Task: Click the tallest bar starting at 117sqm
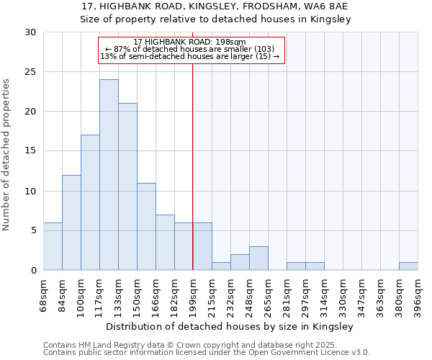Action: pos(109,175)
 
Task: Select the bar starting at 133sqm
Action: pos(127,186)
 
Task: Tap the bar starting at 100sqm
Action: pos(90,202)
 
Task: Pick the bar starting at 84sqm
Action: pos(71,222)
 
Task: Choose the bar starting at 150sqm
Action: pos(146,226)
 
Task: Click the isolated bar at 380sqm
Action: pos(408,266)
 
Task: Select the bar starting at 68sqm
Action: pos(53,246)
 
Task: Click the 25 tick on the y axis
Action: pos(30,72)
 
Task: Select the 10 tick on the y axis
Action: pos(30,191)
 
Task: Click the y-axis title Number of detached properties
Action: pos(6,155)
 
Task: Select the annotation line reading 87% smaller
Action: pos(190,49)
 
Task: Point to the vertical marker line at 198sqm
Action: pos(193,166)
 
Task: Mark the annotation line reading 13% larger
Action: pos(190,56)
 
